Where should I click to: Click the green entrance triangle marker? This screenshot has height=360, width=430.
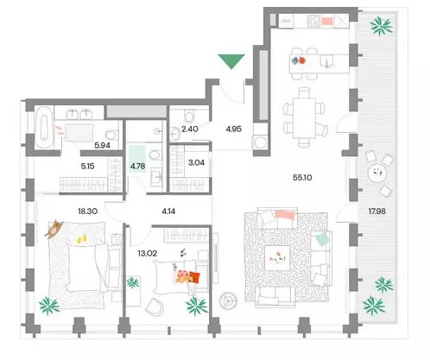[x=231, y=61]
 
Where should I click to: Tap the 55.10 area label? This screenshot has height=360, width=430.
[x=302, y=178]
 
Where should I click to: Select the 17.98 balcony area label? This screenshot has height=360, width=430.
[x=376, y=212]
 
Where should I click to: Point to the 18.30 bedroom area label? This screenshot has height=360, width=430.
[x=87, y=212]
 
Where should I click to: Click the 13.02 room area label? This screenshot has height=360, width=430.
[x=148, y=253]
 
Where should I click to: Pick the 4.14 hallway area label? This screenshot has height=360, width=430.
[x=168, y=212]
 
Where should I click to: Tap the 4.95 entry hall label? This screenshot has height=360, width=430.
[x=233, y=129]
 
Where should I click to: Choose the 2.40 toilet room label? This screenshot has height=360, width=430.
[x=190, y=129]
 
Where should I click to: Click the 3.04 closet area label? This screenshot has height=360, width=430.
[x=196, y=162]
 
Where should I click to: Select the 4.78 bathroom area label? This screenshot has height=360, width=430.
[x=138, y=166]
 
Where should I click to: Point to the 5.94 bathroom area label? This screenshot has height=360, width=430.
[x=102, y=145]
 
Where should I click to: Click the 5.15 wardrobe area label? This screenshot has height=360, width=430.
[x=87, y=166]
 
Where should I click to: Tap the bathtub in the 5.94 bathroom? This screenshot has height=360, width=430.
[x=44, y=127]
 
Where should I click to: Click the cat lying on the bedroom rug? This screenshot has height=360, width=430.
[x=54, y=229]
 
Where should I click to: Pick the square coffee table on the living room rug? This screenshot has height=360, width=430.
[x=277, y=258]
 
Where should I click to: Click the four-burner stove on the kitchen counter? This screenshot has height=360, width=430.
[x=313, y=21]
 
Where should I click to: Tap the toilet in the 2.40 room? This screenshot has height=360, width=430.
[x=189, y=116]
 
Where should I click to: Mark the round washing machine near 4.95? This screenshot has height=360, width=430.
[x=261, y=142]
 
